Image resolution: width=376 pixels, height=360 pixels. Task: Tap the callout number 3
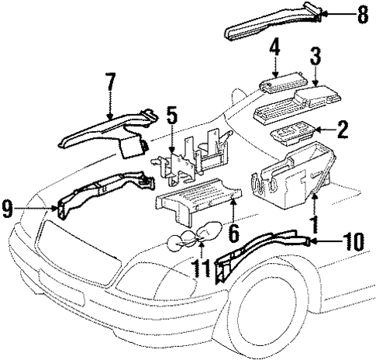[x=316, y=57]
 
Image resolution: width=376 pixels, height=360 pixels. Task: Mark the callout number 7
[x=109, y=83]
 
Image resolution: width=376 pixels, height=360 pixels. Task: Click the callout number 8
[x=362, y=13]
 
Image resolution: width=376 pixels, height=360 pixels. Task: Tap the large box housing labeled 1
[x=291, y=176]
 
